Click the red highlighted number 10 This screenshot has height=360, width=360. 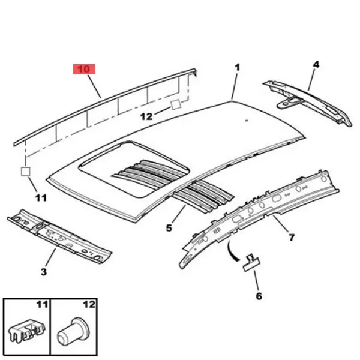coord(84,69)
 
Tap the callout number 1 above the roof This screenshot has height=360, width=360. coord(238,67)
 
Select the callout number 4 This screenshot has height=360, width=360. coord(316,65)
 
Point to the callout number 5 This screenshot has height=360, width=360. coord(169,228)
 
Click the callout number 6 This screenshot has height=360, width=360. coord(259,296)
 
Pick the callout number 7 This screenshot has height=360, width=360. coord(292,237)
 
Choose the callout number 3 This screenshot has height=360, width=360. coord(44,272)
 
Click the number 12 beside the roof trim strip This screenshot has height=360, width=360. coord(146,116)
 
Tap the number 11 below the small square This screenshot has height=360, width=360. coord(41,197)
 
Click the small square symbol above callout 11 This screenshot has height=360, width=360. coord(25,172)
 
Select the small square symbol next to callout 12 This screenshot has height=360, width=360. coord(176,104)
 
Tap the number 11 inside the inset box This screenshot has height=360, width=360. coord(42,305)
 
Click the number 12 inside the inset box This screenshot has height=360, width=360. coord(89,305)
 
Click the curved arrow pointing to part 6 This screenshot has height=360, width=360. coord(232,251)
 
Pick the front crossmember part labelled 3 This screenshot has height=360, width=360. coord(59,236)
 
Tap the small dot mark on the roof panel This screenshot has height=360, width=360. coord(247,120)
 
